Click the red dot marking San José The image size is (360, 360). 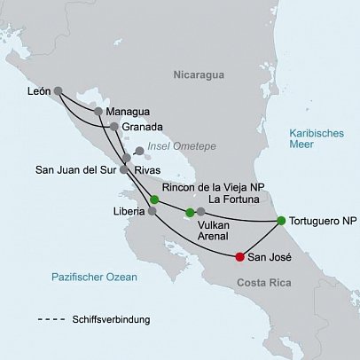239,258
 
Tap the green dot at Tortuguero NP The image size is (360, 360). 281,221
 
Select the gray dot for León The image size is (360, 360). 59,90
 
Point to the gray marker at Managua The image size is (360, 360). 98,113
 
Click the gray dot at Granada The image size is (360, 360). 114,127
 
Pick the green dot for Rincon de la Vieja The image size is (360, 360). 155,199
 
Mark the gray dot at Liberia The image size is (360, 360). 152,212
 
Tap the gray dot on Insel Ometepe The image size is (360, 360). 138,151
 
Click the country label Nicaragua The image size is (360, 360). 196,75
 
